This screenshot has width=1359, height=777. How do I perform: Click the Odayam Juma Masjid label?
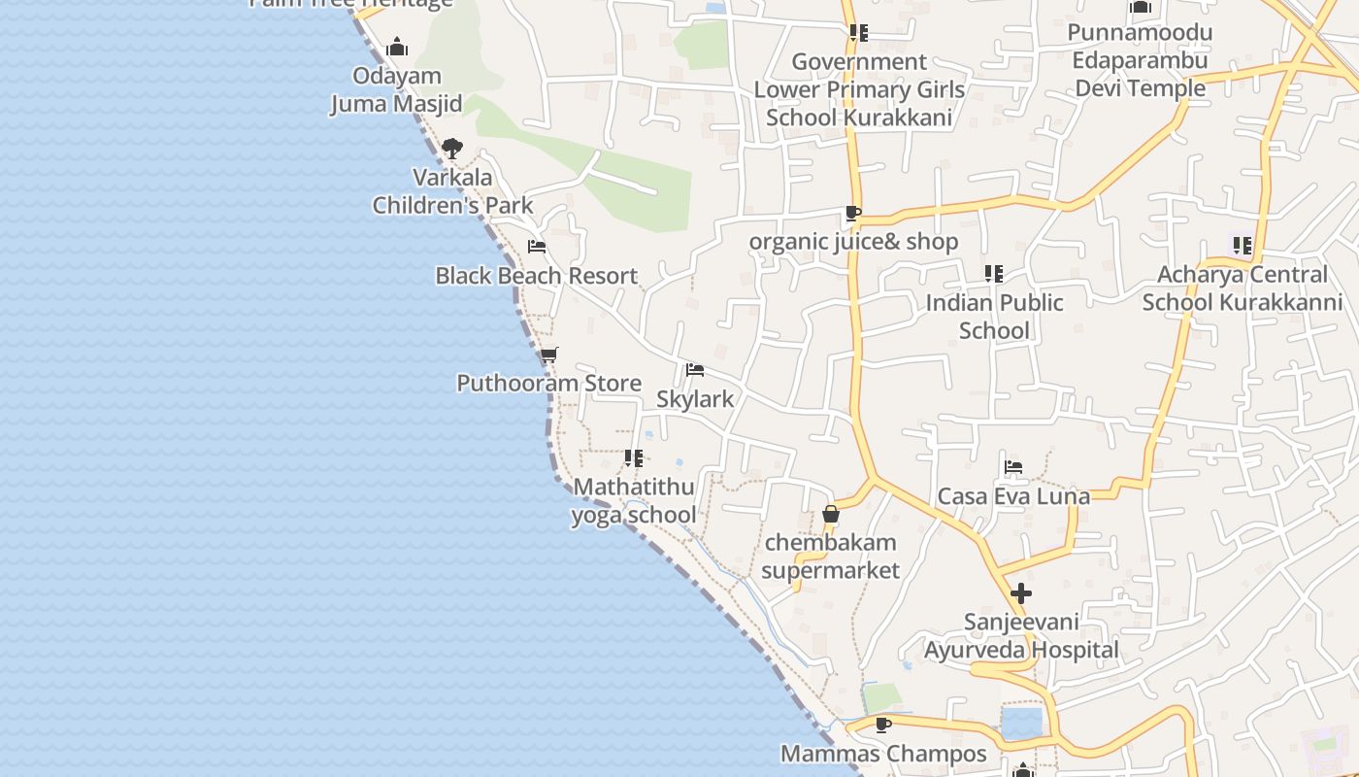396,89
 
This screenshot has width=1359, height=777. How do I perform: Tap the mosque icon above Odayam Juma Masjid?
397,47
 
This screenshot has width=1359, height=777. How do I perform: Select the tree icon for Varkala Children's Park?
451,149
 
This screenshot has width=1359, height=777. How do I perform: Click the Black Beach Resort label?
536,276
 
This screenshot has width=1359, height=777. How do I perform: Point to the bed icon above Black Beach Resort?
536,247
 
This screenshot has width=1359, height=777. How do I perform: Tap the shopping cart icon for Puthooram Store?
549,355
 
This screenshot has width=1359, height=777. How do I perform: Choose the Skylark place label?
695,399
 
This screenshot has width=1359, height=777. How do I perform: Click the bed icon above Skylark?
695,370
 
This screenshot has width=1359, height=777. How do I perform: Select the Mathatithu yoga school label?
634,500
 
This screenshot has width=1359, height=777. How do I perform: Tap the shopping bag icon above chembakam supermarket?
831,514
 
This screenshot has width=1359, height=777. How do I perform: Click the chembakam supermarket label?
830,556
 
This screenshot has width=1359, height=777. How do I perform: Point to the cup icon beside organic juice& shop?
853,214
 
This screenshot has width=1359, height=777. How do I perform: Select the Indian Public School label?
994,317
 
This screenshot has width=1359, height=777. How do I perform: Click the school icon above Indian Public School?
994,274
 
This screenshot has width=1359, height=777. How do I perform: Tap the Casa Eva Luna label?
1013,496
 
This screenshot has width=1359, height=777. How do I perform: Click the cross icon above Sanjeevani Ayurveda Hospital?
1021,593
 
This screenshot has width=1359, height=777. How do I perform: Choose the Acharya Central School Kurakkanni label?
1243,288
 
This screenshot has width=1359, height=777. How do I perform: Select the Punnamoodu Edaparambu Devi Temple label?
1141,60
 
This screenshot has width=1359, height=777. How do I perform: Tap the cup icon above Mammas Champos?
883,725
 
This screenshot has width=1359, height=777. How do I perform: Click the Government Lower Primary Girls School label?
860,89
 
